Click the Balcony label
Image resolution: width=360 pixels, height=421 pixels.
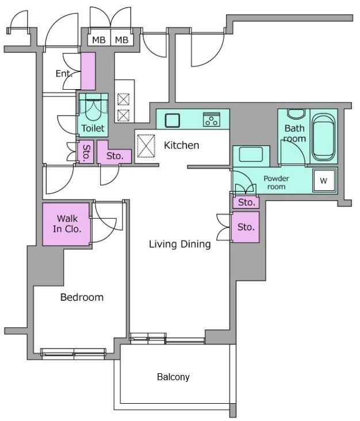173,377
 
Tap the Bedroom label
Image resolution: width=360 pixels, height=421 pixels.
82,297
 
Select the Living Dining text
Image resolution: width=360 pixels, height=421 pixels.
179,244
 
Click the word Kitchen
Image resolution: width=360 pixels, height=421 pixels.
182,146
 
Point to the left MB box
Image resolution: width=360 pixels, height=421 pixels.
99,40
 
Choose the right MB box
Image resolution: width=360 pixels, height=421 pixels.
122,40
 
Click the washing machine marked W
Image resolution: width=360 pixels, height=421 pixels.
324,181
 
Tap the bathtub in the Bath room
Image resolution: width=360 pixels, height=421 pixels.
323,137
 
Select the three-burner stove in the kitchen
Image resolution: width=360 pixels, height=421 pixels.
212,119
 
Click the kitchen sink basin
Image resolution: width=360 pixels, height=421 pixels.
172,120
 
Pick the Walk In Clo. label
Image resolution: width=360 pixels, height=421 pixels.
67,224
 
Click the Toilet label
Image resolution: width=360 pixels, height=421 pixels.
93,128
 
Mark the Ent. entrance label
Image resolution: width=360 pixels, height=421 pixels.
64,74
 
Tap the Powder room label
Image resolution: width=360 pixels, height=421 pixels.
276,182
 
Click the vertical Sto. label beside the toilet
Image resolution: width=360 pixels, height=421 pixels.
86,153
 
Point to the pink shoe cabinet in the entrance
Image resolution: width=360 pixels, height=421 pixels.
88,71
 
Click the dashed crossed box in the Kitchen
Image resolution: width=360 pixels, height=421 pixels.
146,146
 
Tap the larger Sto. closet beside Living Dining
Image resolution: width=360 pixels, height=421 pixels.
246,227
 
